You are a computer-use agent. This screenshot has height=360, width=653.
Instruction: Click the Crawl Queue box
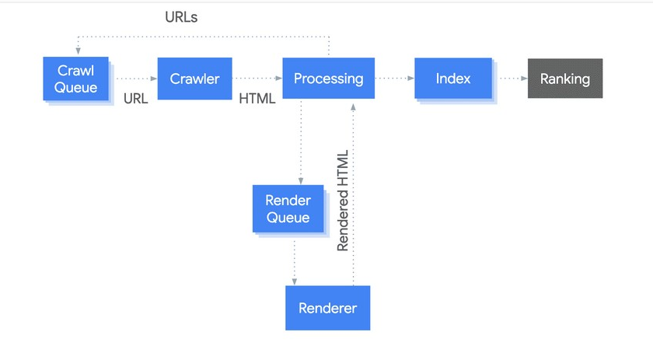pos(76,79)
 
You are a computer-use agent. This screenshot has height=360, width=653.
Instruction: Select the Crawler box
pos(194,79)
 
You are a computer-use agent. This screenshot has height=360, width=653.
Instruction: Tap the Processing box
pos(327,79)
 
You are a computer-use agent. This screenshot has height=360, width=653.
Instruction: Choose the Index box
pos(453,79)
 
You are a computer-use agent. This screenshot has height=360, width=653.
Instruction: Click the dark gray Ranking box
pos(564,79)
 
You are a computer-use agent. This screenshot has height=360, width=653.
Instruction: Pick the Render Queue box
pos(288,209)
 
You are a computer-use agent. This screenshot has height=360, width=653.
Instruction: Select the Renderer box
pos(327,308)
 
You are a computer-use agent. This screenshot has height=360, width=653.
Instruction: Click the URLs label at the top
pos(181,17)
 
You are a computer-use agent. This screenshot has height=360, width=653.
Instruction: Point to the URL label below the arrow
pos(135,99)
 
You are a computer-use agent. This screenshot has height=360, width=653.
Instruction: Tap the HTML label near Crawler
pos(257,99)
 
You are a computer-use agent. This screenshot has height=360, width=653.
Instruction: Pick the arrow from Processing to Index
pos(393,79)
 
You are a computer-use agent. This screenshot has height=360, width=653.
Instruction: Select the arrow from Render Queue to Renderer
pos(294,260)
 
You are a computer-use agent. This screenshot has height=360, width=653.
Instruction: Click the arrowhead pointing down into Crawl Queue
pos(76,52)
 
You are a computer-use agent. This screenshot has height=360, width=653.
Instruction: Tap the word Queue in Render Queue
pos(288,218)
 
